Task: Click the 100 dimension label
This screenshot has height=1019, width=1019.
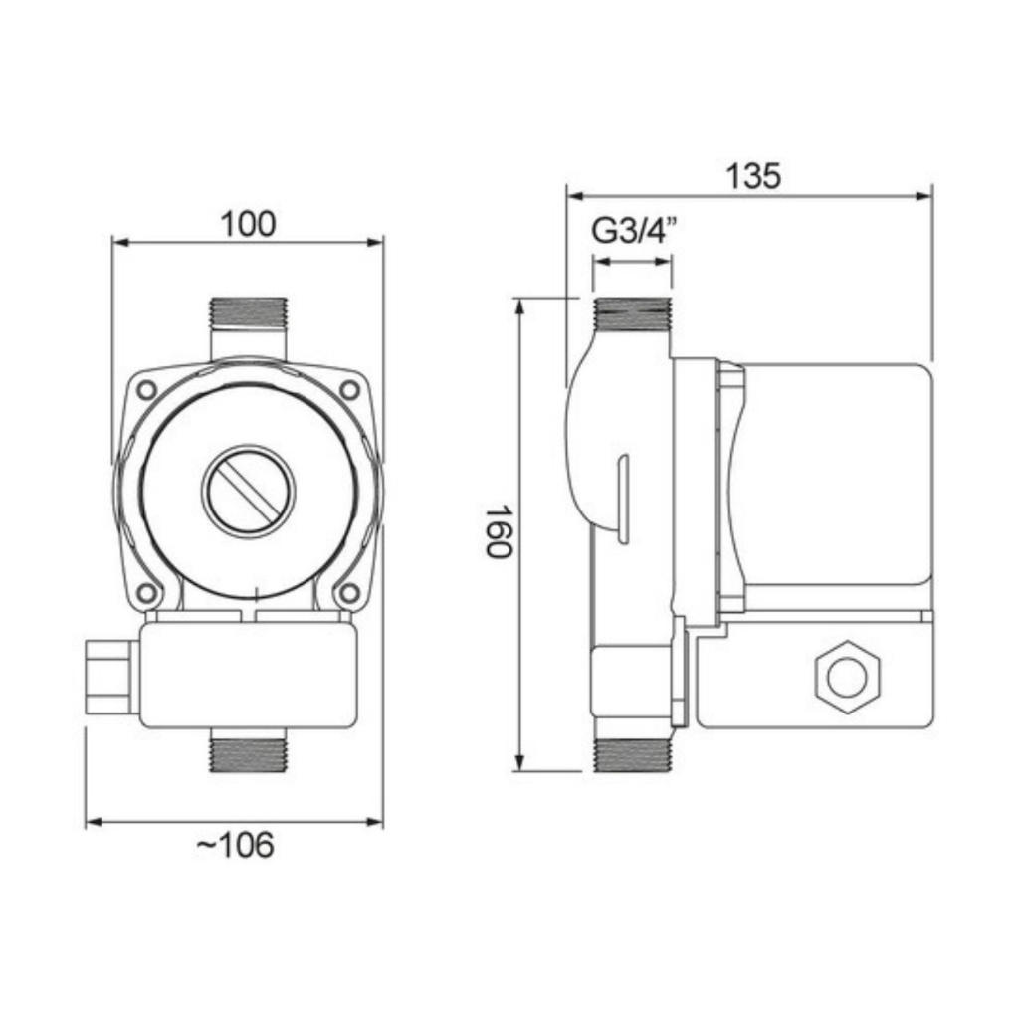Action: [x=248, y=224]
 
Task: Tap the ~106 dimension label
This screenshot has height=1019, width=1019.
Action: [x=235, y=846]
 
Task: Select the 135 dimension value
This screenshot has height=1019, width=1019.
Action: [x=752, y=176]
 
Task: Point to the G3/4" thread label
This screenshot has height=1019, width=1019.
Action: [x=634, y=230]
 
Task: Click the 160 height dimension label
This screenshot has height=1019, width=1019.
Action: [x=500, y=532]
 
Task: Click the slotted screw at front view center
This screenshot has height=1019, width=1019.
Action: [x=248, y=491]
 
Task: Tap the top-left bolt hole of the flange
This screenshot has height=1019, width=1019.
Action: [x=147, y=390]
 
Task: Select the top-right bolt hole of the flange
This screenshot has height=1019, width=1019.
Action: [x=349, y=390]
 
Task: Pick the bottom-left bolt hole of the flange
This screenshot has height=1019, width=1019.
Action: [x=147, y=593]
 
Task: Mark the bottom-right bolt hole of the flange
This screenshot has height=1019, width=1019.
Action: [x=349, y=593]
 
